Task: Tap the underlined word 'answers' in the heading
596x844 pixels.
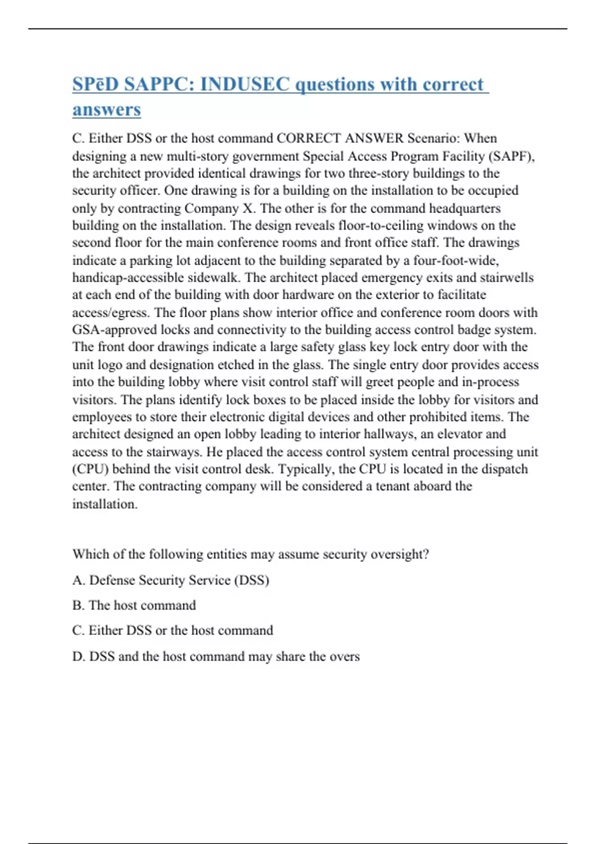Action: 106,110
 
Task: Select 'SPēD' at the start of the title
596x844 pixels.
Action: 96,84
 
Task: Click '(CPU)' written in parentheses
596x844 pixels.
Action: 90,469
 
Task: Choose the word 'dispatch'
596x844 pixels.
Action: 503,469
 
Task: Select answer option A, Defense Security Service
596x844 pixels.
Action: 171,580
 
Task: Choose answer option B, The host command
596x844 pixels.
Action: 134,605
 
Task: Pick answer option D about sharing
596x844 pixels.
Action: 216,656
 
